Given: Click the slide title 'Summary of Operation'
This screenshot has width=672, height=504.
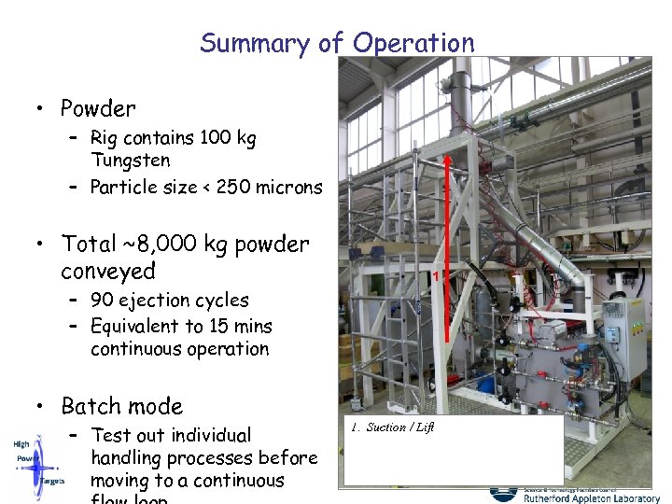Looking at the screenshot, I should click(x=337, y=43).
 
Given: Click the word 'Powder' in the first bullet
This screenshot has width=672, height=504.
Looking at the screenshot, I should click(x=98, y=108).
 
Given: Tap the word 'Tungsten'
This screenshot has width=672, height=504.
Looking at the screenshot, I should click(x=131, y=161).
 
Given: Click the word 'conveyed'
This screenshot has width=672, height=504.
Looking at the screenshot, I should click(x=108, y=272).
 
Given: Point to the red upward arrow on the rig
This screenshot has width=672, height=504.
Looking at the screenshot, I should click(x=448, y=247).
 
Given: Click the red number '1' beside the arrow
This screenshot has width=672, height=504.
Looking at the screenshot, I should click(x=436, y=276).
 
